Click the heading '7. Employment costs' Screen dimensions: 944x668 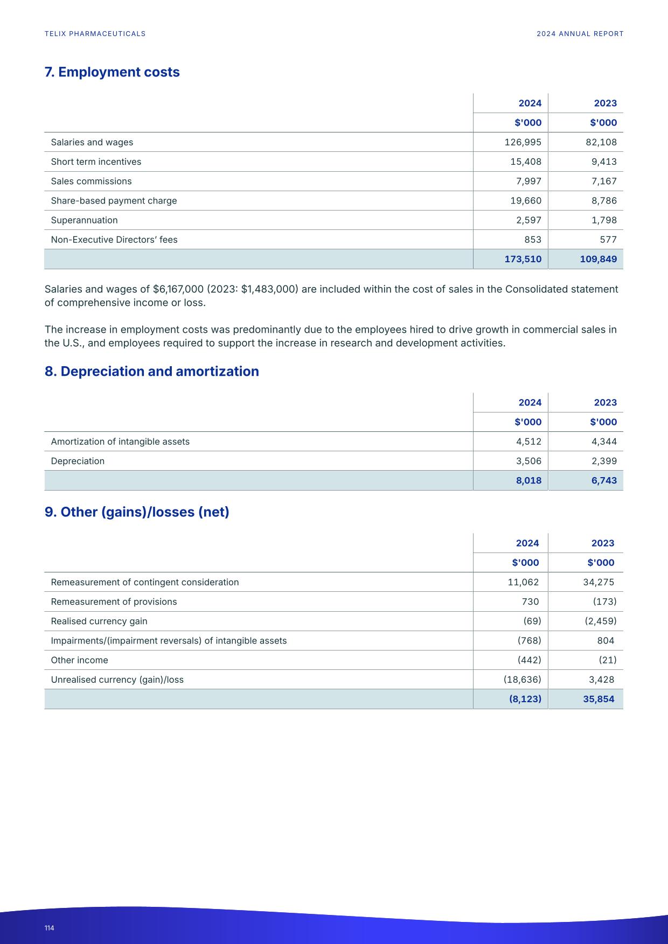pyautogui.click(x=112, y=72)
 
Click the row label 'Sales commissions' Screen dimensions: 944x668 pyautogui.click(x=91, y=181)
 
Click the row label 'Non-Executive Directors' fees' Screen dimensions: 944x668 pyautogui.click(x=114, y=240)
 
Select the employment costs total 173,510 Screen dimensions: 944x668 pyautogui.click(x=523, y=259)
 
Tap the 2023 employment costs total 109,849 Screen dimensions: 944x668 pyautogui.click(x=598, y=259)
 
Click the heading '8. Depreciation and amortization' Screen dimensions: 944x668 pyautogui.click(x=151, y=372)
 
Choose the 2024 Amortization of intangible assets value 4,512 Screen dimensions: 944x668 pyautogui.click(x=528, y=442)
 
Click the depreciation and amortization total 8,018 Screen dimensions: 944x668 pyautogui.click(x=528, y=480)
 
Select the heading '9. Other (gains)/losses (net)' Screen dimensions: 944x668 pyautogui.click(x=137, y=512)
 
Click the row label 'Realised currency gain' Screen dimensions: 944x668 pyautogui.click(x=99, y=621)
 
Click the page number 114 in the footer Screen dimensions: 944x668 pyautogui.click(x=50, y=928)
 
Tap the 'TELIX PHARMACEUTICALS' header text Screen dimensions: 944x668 pyautogui.click(x=95, y=34)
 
